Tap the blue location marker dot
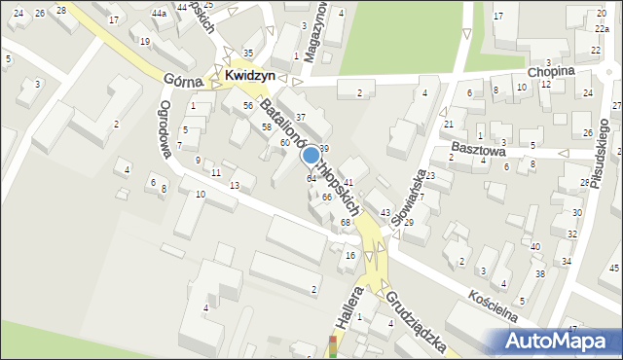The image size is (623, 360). [311, 155]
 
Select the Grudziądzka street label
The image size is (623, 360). [414, 320]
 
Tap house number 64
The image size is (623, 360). [311, 179]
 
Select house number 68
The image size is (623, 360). [346, 223]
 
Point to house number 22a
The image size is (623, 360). [601, 30]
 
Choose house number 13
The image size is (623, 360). [234, 185]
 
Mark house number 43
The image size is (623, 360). [385, 212]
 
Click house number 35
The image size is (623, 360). [248, 53]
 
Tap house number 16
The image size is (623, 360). [350, 255]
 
